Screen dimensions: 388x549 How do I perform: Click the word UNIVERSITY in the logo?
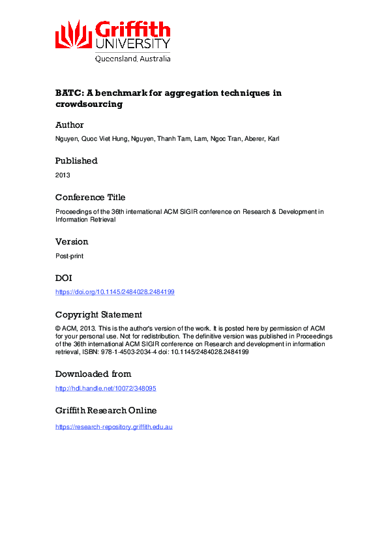tap(133, 44)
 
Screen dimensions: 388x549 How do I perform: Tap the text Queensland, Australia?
tap(133, 58)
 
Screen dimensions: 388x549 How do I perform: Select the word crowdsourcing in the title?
tap(89, 104)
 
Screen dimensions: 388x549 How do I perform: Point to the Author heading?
tap(70, 125)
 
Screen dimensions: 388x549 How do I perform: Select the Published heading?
tap(76, 160)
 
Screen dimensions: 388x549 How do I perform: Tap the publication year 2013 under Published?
tap(63, 175)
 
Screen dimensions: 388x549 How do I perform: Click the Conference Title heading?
tap(90, 197)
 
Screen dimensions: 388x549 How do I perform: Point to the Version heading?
tap(72, 241)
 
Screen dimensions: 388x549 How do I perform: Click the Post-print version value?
tap(69, 256)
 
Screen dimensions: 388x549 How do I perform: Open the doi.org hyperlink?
tap(115, 292)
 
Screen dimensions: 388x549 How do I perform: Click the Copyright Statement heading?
tap(98, 314)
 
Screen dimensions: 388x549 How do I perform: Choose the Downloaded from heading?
tap(93, 374)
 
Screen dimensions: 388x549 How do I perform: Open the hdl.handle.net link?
tap(106, 389)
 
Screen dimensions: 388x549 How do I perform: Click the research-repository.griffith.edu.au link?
tap(114, 426)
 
